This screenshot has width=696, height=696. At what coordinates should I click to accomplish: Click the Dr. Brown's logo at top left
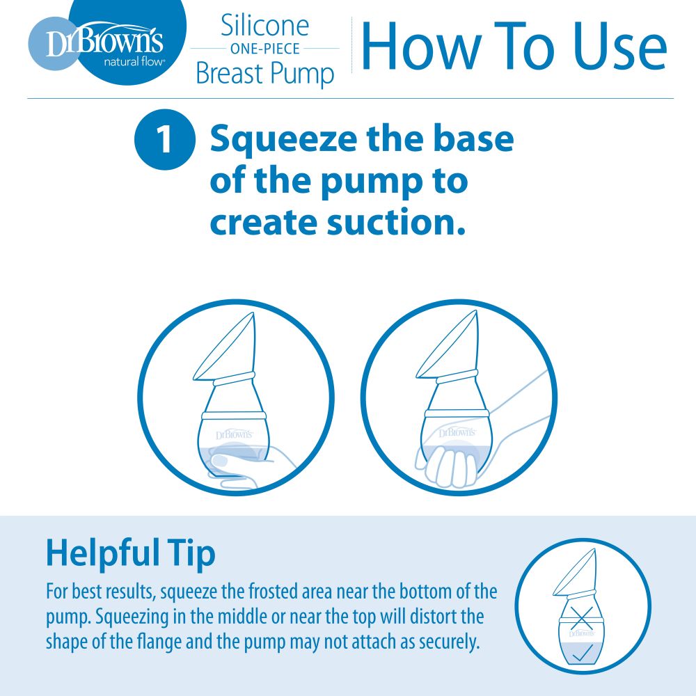click(x=104, y=42)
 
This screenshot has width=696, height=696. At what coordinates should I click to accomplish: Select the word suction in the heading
click(x=390, y=223)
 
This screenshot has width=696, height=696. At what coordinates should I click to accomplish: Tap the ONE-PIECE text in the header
click(x=264, y=49)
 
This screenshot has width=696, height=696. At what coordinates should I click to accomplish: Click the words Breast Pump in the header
click(x=264, y=73)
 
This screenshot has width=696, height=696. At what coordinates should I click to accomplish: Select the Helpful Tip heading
click(x=131, y=553)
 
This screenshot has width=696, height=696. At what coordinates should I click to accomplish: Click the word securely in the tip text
click(x=449, y=641)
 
